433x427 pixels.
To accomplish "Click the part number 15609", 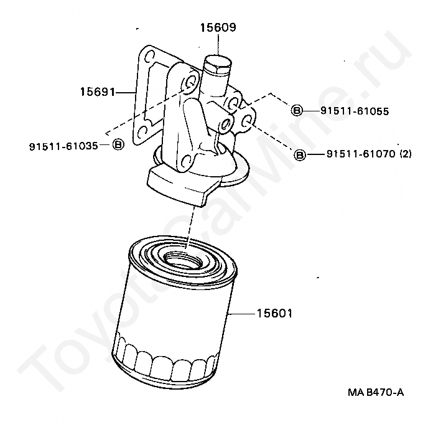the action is point(218,27).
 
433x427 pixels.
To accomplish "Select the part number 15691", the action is point(97,91).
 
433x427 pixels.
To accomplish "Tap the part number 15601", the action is point(274,314).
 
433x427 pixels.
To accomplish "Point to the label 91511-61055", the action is point(355,111).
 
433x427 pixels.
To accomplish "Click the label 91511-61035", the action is point(63,146).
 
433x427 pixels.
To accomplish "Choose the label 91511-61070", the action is point(361,154).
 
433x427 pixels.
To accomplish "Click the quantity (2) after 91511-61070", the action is point(406,153).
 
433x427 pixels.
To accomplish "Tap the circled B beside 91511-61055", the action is point(297,111).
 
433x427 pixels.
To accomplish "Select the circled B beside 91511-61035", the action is point(118,144).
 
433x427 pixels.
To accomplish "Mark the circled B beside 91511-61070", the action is point(300,155).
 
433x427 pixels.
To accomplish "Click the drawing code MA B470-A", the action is point(376,392).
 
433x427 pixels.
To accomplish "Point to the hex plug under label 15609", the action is point(217,64).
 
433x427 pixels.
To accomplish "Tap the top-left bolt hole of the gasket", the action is point(148,56).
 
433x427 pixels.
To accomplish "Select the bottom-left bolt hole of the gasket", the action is point(142,131).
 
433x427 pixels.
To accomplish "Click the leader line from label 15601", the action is point(241,314).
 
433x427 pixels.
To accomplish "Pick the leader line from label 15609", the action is point(218,44).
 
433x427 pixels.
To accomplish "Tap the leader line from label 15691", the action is point(126,92).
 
